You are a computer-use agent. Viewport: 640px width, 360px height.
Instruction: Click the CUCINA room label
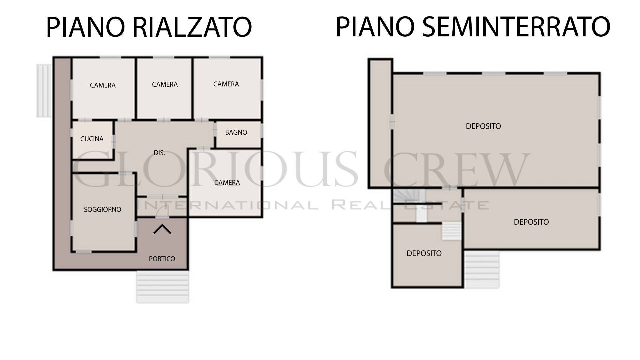pyautogui.click(x=92, y=139)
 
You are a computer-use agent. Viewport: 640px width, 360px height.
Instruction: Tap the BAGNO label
pyautogui.click(x=236, y=132)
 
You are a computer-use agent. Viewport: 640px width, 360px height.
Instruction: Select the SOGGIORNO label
pyautogui.click(x=102, y=209)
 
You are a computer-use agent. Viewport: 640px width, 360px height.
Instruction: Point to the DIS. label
pyautogui.click(x=159, y=153)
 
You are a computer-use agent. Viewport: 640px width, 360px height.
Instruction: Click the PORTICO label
pyautogui.click(x=162, y=259)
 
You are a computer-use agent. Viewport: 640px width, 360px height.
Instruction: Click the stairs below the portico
pyautogui.click(x=163, y=287)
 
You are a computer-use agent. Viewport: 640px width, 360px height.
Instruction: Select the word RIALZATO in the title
pyautogui.click(x=192, y=27)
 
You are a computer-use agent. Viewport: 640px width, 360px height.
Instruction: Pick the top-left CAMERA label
pyautogui.click(x=103, y=85)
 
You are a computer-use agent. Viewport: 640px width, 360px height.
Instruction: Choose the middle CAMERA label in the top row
pyautogui.click(x=165, y=84)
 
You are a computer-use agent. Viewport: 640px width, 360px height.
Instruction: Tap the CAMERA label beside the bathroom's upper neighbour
pyautogui.click(x=226, y=84)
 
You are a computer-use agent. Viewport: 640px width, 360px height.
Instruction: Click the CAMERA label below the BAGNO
pyautogui.click(x=227, y=183)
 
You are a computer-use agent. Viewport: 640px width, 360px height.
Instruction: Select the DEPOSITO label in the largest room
pyautogui.click(x=483, y=126)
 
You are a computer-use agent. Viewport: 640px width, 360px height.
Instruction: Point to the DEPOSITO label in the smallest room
pyautogui.click(x=424, y=253)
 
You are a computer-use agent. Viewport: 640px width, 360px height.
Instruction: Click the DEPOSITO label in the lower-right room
pyautogui.click(x=531, y=222)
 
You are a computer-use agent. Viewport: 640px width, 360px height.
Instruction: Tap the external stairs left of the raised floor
pyautogui.click(x=44, y=91)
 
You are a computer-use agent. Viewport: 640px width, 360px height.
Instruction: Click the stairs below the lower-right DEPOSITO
pyautogui.click(x=482, y=269)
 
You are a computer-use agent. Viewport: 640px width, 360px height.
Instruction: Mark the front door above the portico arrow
pyautogui.click(x=162, y=213)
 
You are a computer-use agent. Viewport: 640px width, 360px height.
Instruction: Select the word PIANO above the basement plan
pyautogui.click(x=375, y=27)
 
